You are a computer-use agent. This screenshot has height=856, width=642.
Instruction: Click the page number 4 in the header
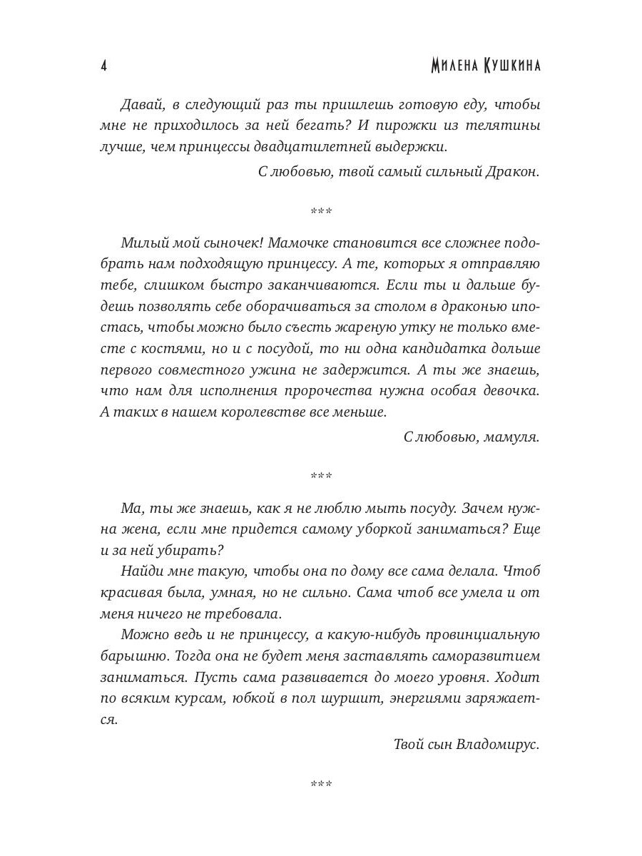click(104, 66)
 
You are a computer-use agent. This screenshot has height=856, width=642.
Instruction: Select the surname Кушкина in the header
click(509, 66)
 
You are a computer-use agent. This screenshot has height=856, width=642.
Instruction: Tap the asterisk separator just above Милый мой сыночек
click(321, 211)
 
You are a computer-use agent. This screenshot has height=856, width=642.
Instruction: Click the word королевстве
click(280, 412)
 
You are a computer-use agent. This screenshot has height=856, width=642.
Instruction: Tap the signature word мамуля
click(511, 437)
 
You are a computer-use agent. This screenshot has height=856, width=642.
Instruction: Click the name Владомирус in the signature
click(500, 745)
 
